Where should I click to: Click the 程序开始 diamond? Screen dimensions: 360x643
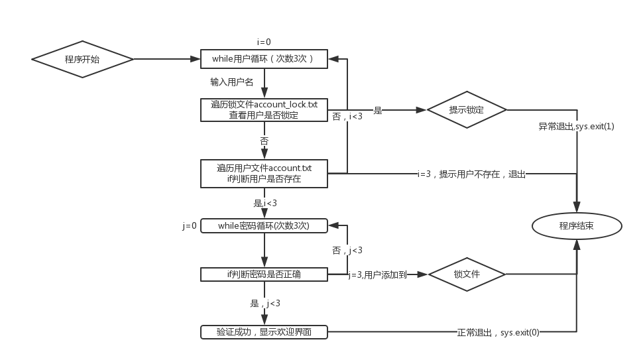click(82, 60)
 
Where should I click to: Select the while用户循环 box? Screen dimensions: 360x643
click(264, 59)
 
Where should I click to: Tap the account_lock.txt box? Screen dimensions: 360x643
click(264, 109)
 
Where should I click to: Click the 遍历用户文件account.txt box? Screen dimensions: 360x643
click(264, 173)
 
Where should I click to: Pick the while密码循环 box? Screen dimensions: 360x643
click(264, 226)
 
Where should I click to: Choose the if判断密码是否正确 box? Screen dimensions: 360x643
click(264, 274)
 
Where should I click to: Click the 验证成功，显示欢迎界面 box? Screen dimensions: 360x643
click(264, 332)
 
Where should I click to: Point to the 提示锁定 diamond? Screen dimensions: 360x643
click(467, 109)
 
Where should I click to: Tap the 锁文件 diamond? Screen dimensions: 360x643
click(467, 274)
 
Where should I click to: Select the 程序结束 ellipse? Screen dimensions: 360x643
click(576, 226)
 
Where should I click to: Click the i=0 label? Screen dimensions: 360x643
click(264, 42)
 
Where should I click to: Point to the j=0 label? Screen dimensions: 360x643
click(190, 226)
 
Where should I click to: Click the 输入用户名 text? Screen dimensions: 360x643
click(232, 82)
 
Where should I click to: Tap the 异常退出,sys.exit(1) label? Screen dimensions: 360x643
click(576, 126)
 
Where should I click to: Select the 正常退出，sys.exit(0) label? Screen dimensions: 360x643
click(498, 332)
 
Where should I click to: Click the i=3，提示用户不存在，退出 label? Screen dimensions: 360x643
click(471, 174)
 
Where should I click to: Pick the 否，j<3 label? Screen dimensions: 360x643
click(347, 250)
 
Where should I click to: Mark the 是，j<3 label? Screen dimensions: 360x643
click(264, 303)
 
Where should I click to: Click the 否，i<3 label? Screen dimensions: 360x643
click(347, 116)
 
